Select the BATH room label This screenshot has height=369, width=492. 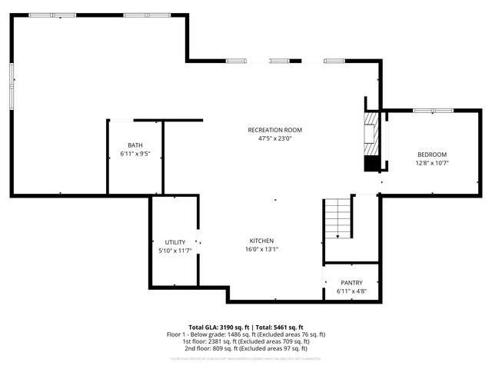(x=135, y=145)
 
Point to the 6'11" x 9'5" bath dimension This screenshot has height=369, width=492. (x=135, y=154)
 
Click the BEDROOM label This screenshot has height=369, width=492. (x=431, y=155)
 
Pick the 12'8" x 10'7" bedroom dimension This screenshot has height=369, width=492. (x=431, y=163)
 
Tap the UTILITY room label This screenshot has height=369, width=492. (x=175, y=242)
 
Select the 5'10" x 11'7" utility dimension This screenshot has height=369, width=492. (x=175, y=251)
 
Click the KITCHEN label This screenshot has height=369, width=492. (x=261, y=241)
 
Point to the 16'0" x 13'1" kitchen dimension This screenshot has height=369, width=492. (x=261, y=249)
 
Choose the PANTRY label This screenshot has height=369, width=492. (x=351, y=283)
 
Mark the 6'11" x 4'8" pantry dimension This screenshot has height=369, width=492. (x=351, y=291)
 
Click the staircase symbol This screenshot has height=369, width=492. (x=338, y=219)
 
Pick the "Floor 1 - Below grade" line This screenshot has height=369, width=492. (x=246, y=334)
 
